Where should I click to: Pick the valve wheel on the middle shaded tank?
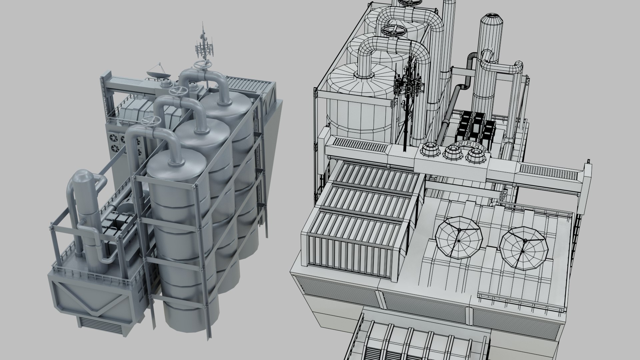coord(177,91)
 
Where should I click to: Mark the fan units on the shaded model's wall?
coord(115,141)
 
